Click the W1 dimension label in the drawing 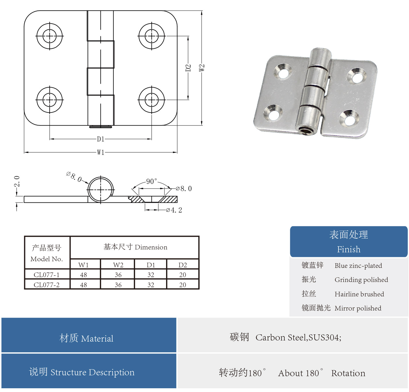click(x=100, y=152)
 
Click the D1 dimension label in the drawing click(x=100, y=139)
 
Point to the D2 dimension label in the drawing click(x=188, y=68)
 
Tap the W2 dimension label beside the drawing click(x=202, y=68)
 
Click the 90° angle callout click(x=151, y=181)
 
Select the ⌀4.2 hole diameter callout click(x=174, y=210)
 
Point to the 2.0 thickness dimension click(x=17, y=181)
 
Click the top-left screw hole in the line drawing click(x=50, y=36)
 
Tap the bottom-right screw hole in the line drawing click(x=152, y=100)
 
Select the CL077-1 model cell click(x=47, y=275)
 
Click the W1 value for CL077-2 click(x=83, y=285)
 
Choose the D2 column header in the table click(x=183, y=265)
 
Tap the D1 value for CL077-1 click(x=151, y=275)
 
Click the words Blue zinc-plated click(x=358, y=266)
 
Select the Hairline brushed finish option click(x=359, y=294)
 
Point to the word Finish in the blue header click(x=349, y=249)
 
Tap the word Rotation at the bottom click(x=348, y=373)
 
